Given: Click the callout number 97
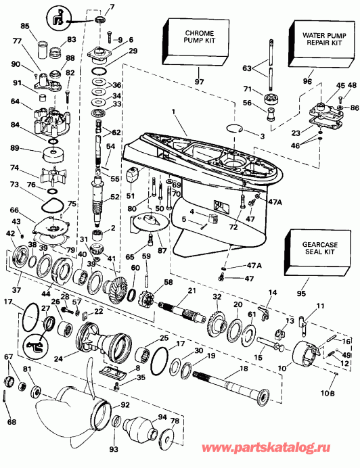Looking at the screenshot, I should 200,82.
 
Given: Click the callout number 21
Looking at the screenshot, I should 192,290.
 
